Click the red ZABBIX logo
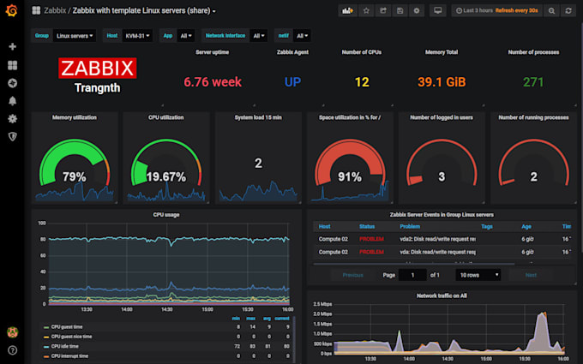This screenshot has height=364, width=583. click(96, 69)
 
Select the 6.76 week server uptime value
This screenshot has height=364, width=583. click(213, 82)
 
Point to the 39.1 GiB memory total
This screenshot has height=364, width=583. click(441, 82)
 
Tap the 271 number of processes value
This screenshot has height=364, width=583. click(533, 82)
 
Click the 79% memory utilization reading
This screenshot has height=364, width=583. click(74, 176)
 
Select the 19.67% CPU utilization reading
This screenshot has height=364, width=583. click(165, 176)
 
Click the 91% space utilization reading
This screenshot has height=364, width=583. click(349, 176)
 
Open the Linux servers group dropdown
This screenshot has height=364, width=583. click(75, 37)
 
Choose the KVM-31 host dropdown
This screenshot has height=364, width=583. click(138, 37)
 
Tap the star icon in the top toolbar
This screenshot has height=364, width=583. click(366, 11)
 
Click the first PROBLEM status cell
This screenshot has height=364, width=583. click(372, 238)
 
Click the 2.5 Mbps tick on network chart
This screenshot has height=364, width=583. click(322, 304)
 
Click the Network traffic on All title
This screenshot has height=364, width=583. click(442, 295)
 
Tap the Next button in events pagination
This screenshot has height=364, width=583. click(531, 275)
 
